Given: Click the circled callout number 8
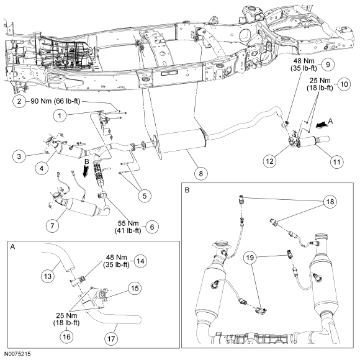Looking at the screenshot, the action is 201,173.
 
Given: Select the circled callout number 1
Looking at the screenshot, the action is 60,115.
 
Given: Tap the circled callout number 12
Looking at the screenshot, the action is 270,161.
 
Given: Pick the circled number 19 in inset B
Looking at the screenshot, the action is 250,258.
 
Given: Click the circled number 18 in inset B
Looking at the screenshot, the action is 330,202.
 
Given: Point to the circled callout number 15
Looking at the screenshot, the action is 135,288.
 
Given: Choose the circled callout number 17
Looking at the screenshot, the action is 111,339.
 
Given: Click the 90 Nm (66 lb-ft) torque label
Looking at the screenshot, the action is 56,101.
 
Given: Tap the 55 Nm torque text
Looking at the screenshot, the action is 128,223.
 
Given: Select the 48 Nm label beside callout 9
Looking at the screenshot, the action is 304,61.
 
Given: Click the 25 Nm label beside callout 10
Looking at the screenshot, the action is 320,81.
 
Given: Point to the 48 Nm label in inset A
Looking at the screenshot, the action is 116,258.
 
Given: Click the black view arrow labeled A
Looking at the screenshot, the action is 322,124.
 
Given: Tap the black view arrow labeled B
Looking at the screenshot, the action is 86,171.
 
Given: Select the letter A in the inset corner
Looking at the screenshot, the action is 13,247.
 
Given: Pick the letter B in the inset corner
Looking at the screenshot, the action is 187,191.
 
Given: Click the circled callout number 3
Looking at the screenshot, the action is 19,156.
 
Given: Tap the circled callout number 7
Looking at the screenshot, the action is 52,226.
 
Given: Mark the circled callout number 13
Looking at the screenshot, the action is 48,276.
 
